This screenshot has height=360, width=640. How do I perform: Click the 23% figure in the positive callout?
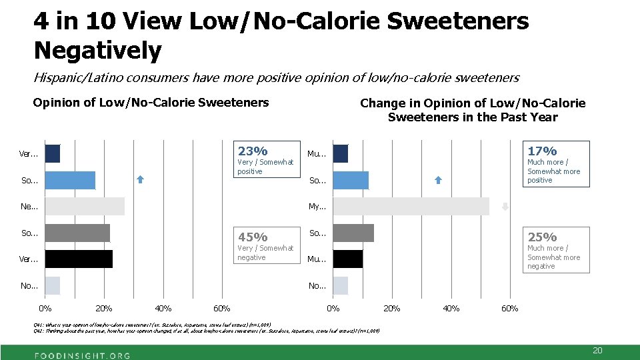point(253,151)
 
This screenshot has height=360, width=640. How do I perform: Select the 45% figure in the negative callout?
point(253,237)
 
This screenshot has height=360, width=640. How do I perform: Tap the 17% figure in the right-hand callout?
point(542,151)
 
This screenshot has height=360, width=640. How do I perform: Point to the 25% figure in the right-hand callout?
point(542,237)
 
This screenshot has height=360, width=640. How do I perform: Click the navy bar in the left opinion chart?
point(52,153)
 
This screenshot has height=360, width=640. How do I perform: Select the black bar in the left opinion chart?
point(79,259)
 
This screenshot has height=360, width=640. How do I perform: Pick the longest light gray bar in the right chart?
point(411,206)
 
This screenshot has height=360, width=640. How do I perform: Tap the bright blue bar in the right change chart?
point(351,180)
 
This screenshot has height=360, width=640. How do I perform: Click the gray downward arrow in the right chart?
point(505,206)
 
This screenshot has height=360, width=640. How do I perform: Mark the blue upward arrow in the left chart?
point(140,179)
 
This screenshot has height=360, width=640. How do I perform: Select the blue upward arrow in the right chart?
point(438,179)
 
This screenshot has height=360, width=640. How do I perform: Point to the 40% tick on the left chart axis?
point(163,308)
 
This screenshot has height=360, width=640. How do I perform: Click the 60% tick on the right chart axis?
point(509,308)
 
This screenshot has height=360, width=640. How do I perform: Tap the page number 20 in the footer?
point(597,350)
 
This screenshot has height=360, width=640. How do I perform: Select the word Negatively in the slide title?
point(97,50)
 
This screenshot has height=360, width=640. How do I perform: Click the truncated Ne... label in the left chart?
point(29,207)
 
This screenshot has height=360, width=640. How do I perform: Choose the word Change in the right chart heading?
point(383,103)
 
